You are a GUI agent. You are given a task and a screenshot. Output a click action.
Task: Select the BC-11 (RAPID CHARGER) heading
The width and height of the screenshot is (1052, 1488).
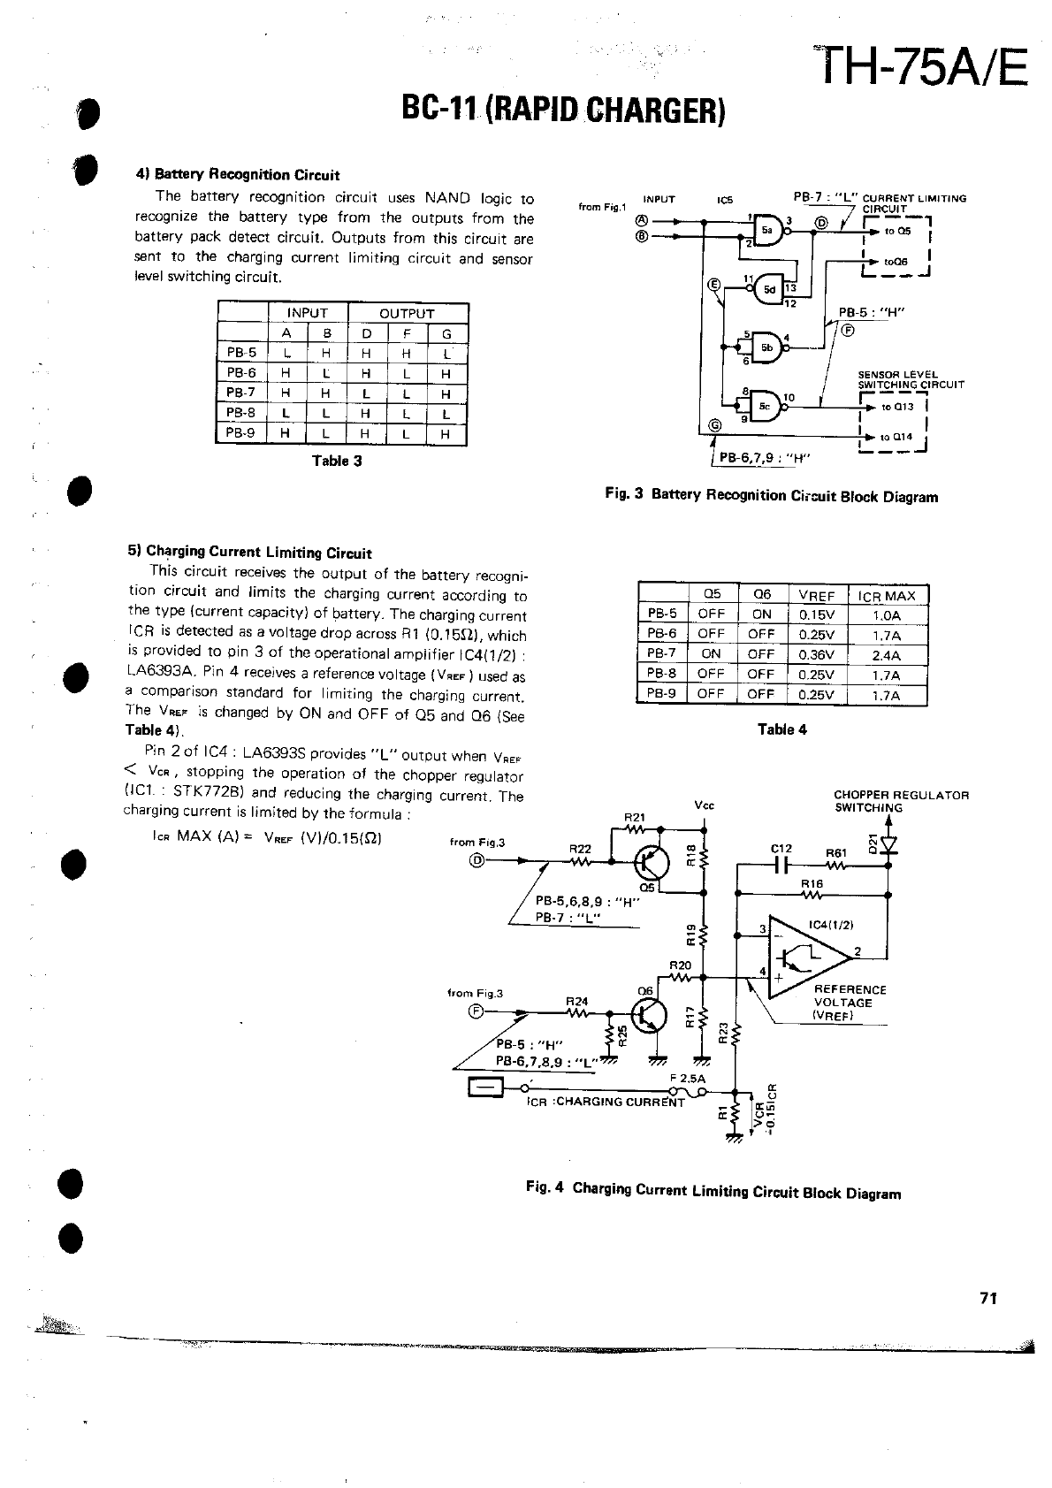(x=563, y=110)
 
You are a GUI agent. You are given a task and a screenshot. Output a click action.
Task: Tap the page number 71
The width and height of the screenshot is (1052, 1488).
(x=988, y=1298)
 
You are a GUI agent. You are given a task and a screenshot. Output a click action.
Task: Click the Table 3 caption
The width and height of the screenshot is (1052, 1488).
(x=337, y=461)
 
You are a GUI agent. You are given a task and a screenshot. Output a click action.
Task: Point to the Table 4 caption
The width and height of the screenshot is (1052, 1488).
(x=782, y=729)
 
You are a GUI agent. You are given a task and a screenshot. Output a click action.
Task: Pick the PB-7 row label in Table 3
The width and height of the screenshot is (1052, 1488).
(x=240, y=393)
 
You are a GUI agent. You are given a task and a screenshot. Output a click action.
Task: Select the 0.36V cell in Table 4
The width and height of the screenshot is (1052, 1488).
(x=816, y=655)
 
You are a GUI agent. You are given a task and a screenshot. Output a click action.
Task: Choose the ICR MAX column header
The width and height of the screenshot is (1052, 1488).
(x=887, y=596)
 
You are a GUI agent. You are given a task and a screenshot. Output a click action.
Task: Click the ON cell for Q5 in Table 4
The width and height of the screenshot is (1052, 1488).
(x=711, y=654)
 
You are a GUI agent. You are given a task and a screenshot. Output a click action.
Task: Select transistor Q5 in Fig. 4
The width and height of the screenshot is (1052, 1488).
(x=653, y=859)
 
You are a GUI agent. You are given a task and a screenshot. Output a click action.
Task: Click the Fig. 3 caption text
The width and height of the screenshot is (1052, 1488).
(x=771, y=496)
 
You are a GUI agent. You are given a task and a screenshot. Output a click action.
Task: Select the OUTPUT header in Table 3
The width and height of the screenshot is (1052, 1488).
(x=407, y=313)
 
